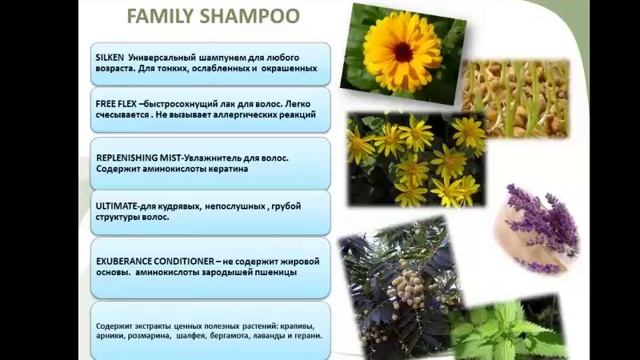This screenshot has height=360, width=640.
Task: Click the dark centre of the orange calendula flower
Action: tap(401, 51)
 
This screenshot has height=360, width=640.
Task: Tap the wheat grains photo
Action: tap(514, 97)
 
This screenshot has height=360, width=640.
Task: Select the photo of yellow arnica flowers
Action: tap(415, 159)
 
